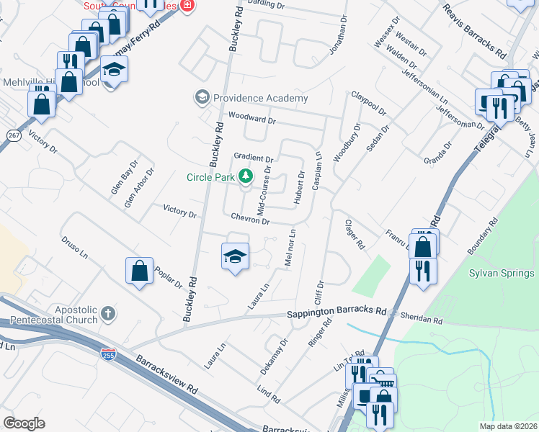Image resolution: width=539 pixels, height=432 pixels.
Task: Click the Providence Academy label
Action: click(260, 98)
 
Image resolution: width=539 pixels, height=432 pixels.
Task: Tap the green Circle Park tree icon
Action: click(246, 176)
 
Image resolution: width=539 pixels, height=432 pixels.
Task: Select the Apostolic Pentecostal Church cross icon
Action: click(108, 313)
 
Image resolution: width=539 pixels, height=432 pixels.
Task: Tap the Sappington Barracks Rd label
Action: click(337, 313)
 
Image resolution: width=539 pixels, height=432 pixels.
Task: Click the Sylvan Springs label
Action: click(502, 273)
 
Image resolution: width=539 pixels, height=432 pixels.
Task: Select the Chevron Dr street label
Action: click(250, 220)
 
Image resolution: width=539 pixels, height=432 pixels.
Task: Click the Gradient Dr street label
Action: click(254, 158)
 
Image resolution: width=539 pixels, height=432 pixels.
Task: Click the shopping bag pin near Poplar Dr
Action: click(140, 271)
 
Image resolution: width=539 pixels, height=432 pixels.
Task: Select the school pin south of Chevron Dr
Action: click(235, 256)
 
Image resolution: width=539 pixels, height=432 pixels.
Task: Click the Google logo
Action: click(24, 423)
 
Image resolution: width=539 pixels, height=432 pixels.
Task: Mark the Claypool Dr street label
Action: click(369, 103)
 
